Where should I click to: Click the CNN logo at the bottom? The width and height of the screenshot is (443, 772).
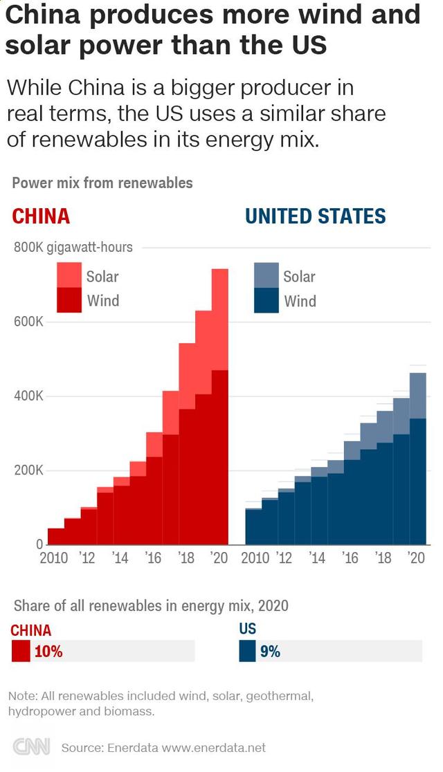tap(32, 747)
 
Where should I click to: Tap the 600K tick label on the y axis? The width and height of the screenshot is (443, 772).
tap(29, 322)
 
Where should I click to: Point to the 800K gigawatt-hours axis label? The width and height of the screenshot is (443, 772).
tap(73, 247)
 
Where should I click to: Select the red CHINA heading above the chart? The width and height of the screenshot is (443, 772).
tap(42, 217)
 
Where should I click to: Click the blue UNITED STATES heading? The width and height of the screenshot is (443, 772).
tap(316, 217)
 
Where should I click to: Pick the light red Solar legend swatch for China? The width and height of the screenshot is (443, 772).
tap(69, 275)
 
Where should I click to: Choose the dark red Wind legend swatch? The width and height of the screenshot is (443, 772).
tap(69, 300)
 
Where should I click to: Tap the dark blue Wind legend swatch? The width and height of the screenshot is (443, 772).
tap(266, 301)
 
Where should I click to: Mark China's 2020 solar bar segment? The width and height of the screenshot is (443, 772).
tap(220, 319)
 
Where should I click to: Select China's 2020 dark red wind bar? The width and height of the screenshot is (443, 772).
tap(220, 457)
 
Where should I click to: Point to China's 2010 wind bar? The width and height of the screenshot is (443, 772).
tap(56, 536)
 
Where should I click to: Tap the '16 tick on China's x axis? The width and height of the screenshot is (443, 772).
tap(153, 558)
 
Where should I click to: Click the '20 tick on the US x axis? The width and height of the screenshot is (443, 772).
tap(416, 558)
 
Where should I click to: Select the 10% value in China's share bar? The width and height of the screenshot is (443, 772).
tap(48, 651)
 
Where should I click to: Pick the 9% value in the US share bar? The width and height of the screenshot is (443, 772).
tap(270, 651)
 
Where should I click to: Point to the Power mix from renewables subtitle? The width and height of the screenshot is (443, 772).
tap(102, 183)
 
